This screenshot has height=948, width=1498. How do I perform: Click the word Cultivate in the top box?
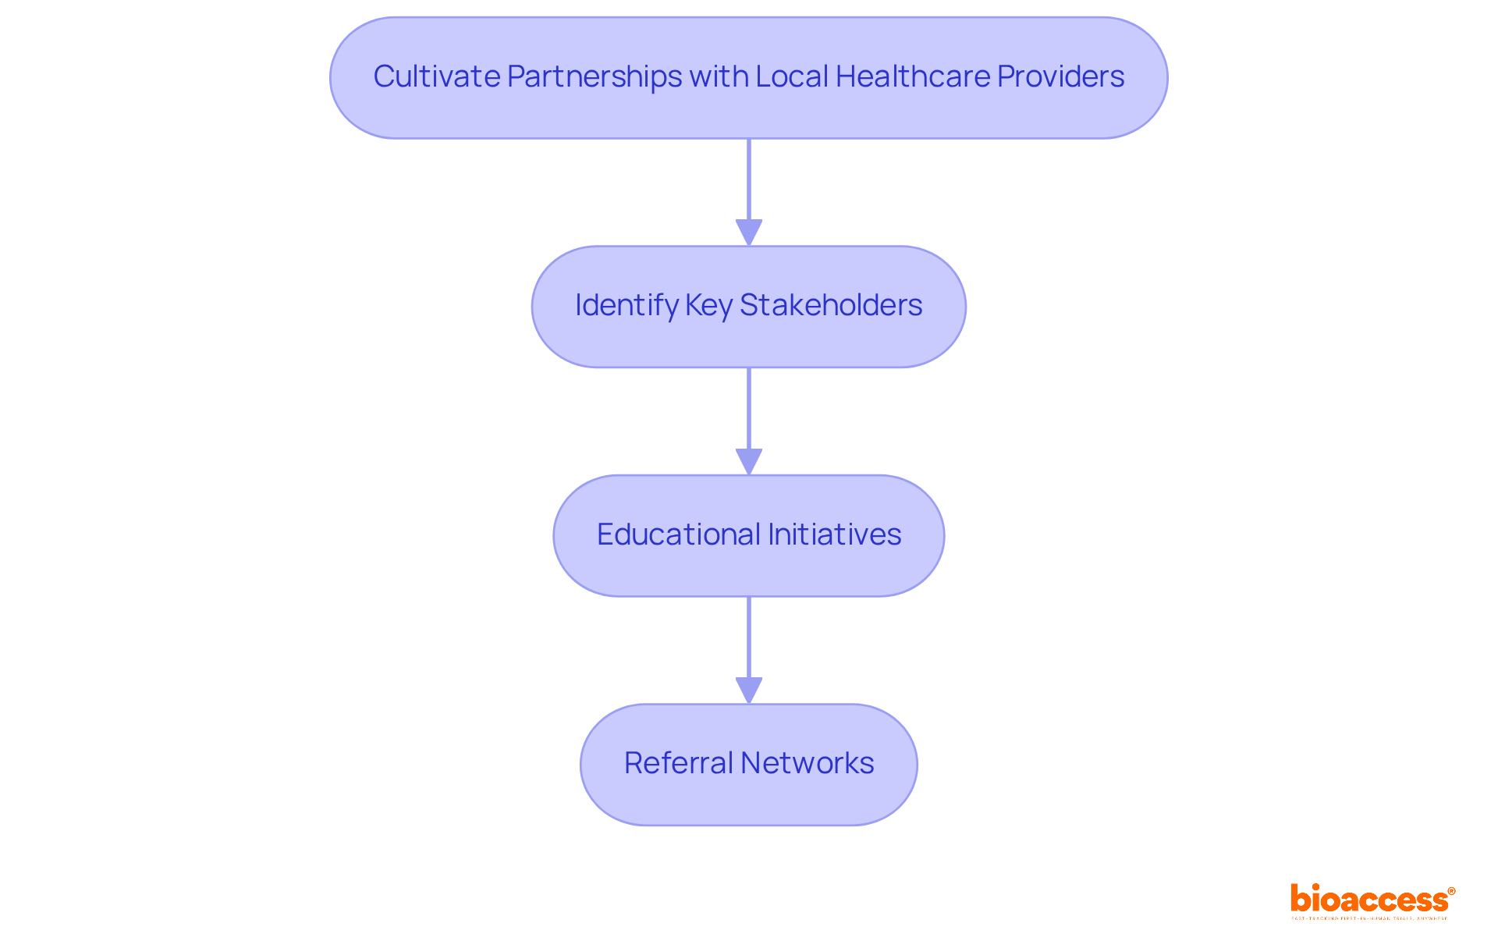coord(436,76)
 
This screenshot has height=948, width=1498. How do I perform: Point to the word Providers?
coord(1061,76)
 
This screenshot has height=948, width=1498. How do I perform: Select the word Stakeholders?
coord(831,305)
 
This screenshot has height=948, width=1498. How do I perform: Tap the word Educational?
coord(678,534)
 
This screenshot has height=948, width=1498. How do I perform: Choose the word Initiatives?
coord(835,534)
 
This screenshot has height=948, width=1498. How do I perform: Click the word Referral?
coord(678,763)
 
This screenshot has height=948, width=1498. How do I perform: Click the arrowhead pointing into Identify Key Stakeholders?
coord(749,233)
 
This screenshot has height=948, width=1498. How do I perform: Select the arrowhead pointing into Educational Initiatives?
coord(749,462)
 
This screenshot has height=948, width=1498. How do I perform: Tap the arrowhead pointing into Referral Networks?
coord(749,691)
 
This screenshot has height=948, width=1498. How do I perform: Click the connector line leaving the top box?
coord(749,179)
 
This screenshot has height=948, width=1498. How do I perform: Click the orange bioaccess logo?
coord(1368,899)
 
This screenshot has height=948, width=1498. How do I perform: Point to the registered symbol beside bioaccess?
coord(1451,891)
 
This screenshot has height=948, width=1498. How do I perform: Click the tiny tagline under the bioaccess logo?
coord(1368,918)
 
